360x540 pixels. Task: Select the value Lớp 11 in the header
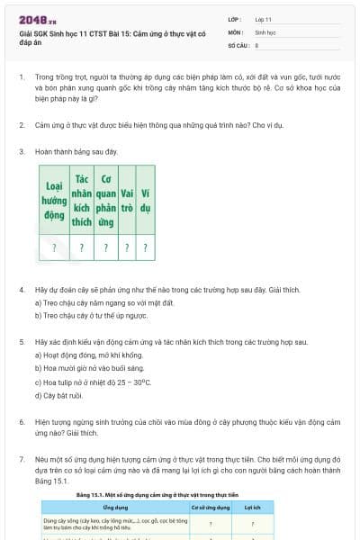(264, 19)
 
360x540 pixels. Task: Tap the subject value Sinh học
(265, 31)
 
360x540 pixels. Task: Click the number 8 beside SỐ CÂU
(257, 44)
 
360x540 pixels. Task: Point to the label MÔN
(236, 31)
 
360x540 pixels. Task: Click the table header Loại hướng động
(55, 200)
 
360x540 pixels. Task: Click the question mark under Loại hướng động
(55, 247)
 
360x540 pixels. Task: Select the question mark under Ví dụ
(145, 247)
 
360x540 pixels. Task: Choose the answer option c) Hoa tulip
(93, 382)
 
